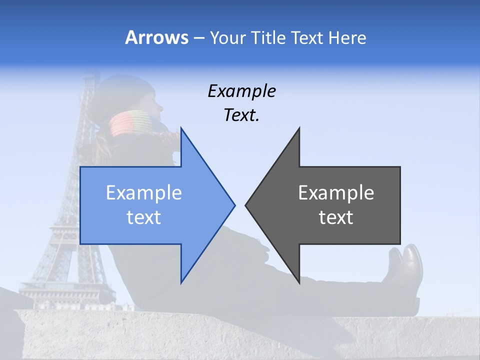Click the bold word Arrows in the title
point(156,37)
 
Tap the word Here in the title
point(347,38)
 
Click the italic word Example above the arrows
point(241,91)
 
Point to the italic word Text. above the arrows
point(241,115)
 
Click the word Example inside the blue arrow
point(144,193)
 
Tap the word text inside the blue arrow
point(144,217)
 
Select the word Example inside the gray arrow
point(336,193)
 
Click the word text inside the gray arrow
point(336,217)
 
